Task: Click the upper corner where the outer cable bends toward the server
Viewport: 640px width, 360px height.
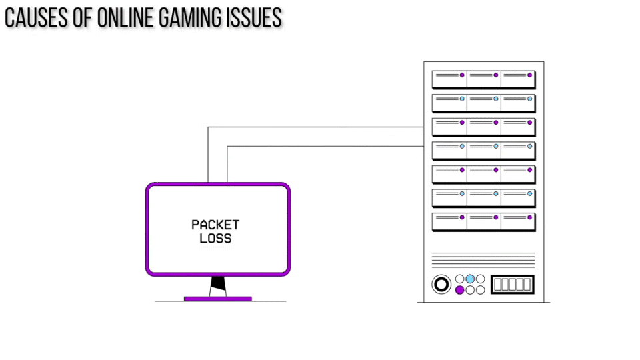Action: pyautogui.click(x=208, y=127)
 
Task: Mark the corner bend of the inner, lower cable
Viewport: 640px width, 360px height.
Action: pyautogui.click(x=227, y=146)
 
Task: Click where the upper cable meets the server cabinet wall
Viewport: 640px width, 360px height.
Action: pyautogui.click(x=424, y=127)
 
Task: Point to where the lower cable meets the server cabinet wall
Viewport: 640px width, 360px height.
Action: pyautogui.click(x=424, y=146)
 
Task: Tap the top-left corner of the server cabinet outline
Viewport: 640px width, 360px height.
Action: pyautogui.click(x=424, y=62)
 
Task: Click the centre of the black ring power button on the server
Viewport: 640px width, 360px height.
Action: pyautogui.click(x=441, y=284)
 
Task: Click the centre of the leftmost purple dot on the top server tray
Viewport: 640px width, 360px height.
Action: pyautogui.click(x=462, y=75)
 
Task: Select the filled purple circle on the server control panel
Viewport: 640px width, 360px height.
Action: pyautogui.click(x=459, y=290)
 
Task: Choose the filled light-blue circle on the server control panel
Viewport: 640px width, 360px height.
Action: pyautogui.click(x=470, y=279)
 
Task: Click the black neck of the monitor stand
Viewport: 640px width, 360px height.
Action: pyautogui.click(x=218, y=286)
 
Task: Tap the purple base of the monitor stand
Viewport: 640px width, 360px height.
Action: pyautogui.click(x=218, y=299)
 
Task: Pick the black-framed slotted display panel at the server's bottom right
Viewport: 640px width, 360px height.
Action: pyautogui.click(x=512, y=285)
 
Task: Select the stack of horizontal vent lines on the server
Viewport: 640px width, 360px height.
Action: pyautogui.click(x=483, y=259)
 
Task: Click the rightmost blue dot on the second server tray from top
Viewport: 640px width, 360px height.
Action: pyautogui.click(x=530, y=99)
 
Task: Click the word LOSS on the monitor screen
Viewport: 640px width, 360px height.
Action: pyautogui.click(x=215, y=239)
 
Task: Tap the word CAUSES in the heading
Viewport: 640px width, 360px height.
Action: pyautogui.click(x=36, y=19)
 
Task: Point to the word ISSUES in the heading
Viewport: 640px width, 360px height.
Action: pyautogui.click(x=254, y=19)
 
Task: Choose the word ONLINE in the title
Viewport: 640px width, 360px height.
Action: pyautogui.click(x=126, y=19)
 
